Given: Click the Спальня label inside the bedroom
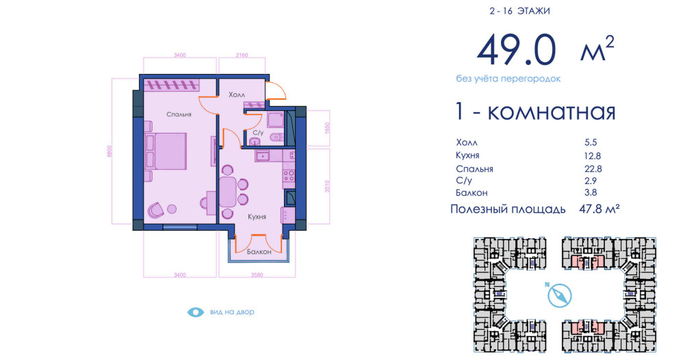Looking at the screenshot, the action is point(179,114).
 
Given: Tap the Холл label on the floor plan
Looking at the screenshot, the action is point(237,94).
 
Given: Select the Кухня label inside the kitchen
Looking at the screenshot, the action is point(257,216).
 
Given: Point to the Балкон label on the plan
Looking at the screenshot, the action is point(259,251).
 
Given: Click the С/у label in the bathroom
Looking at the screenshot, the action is point(258,133).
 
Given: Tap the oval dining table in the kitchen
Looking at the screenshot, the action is point(228,192).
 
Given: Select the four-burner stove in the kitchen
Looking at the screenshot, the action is point(289,176).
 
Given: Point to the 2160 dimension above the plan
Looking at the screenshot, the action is point(242,55).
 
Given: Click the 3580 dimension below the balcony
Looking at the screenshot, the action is point(257,275).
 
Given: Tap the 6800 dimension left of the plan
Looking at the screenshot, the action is point(109,151).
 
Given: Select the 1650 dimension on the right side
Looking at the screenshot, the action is point(328,128).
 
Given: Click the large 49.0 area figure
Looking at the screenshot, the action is point(517,50).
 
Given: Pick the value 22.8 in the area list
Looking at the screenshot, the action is point(593,168).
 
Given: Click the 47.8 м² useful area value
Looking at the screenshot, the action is point(600,209).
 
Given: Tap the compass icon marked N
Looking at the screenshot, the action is point(559,296).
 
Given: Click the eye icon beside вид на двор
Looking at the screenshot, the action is point(196,312).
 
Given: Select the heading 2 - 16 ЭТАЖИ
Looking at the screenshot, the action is point(519,11).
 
